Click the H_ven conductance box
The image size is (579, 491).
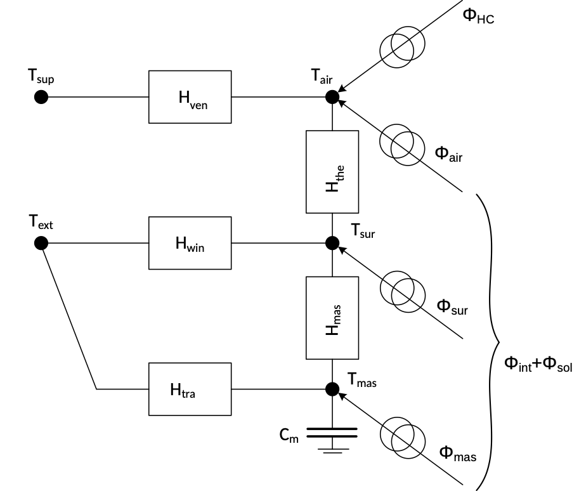click(190, 97)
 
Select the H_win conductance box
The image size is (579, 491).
click(190, 242)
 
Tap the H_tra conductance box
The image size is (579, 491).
click(190, 389)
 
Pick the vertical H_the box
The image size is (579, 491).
click(332, 172)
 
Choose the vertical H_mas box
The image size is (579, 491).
click(332, 317)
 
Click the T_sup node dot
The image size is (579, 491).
click(41, 97)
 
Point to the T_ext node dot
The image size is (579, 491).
click(41, 242)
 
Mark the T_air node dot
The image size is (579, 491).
click(332, 97)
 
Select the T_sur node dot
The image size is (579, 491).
click(332, 242)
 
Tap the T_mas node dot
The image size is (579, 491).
click(332, 389)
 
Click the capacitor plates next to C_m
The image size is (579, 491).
click(332, 433)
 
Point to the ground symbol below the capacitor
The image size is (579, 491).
click(332, 450)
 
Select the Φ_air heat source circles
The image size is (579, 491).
click(402, 145)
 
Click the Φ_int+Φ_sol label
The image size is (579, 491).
click(538, 363)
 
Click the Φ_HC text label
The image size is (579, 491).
click(478, 16)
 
